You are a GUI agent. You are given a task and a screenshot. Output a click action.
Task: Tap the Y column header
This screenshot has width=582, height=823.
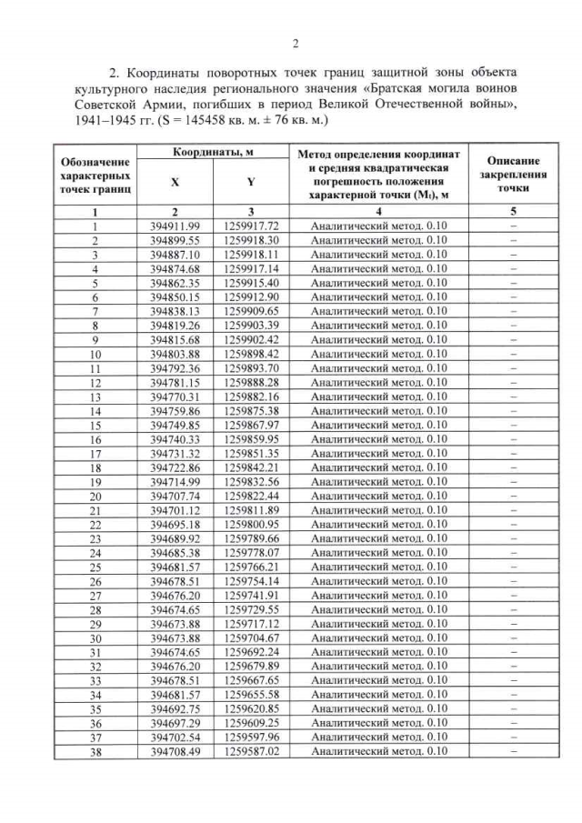click(249, 181)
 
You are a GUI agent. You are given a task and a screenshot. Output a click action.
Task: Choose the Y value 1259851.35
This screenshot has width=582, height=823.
click(249, 454)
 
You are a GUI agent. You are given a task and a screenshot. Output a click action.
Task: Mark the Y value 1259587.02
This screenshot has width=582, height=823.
click(249, 752)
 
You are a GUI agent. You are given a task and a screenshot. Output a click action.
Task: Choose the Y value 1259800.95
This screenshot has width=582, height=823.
click(249, 525)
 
